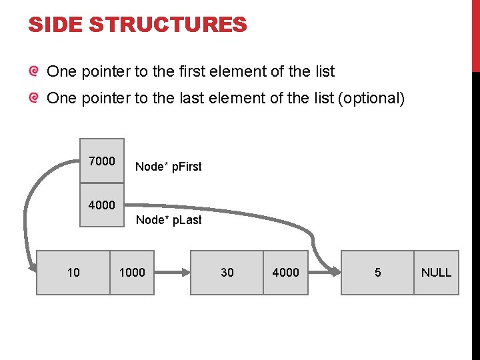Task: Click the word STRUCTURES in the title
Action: point(167,25)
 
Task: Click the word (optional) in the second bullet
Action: point(371,99)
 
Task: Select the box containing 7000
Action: point(102,160)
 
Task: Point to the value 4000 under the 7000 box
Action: point(102,205)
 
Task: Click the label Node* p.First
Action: point(168,167)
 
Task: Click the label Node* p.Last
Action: point(169,220)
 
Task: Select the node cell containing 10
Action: point(73,272)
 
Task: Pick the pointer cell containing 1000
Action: point(132,272)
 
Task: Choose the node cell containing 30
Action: point(227,272)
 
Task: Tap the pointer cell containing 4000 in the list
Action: point(286,272)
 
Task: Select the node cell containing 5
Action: point(377,272)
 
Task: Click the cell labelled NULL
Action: point(437,272)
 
